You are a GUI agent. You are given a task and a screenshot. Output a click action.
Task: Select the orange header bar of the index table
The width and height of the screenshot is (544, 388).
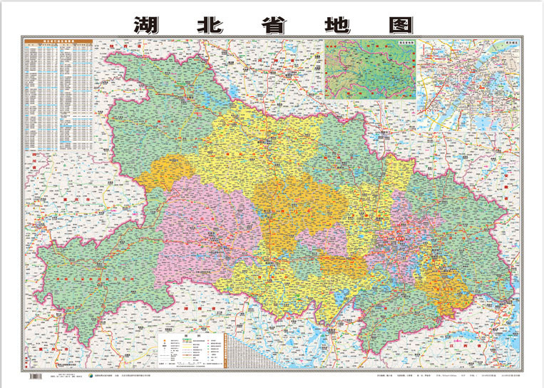pos(60,43)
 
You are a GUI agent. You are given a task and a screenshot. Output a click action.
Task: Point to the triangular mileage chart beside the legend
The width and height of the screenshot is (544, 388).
pos(240,349)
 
